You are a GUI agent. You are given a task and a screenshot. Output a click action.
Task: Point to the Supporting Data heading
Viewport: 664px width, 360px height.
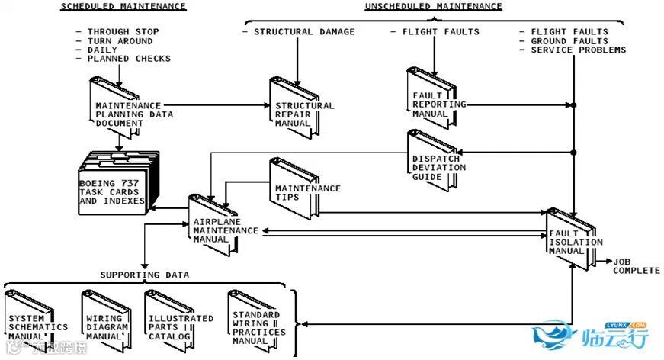click(x=145, y=275)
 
